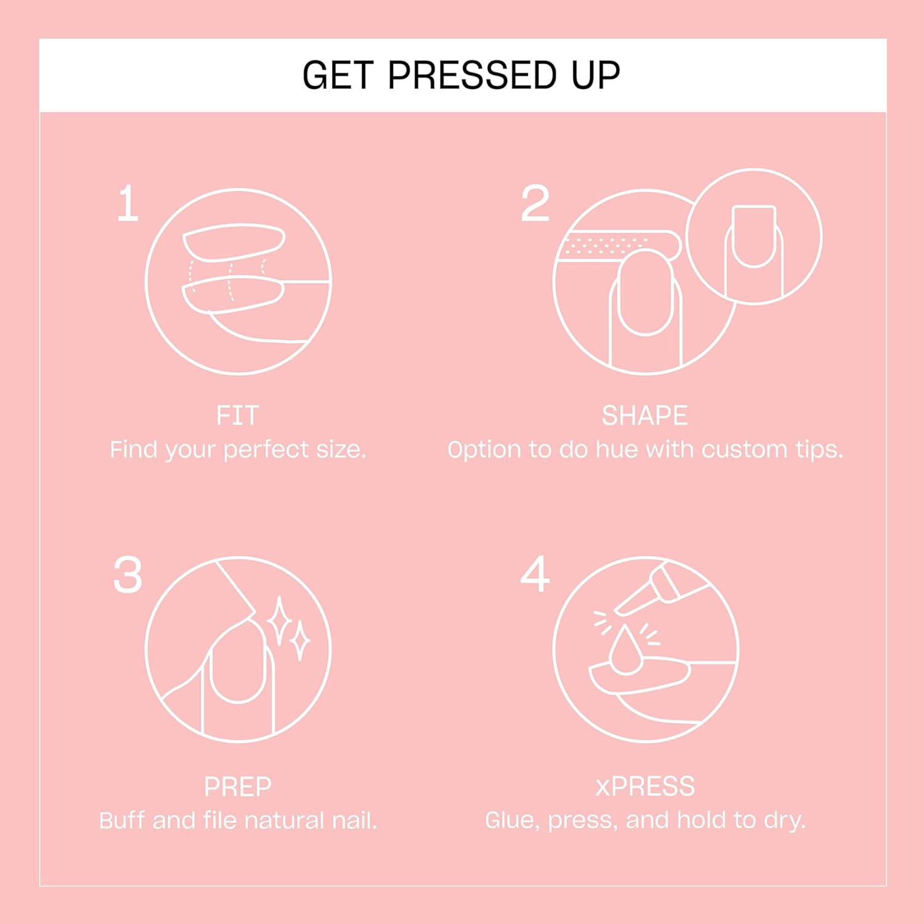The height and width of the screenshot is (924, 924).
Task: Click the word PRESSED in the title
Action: click(471, 76)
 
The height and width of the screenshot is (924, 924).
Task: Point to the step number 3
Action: click(128, 575)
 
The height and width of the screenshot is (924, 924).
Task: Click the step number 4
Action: click(535, 574)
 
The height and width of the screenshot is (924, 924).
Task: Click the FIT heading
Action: click(237, 416)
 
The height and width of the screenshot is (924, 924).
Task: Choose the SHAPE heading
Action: click(644, 416)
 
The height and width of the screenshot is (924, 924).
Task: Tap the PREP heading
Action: click(237, 787)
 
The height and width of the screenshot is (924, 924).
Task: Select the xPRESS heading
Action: click(644, 787)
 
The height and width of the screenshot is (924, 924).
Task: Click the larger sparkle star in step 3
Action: click(279, 620)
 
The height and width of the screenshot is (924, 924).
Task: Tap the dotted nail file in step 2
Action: click(616, 246)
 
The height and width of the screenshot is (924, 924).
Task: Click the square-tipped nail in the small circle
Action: click(753, 236)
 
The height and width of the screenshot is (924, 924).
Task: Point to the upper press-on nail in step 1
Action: click(234, 241)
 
